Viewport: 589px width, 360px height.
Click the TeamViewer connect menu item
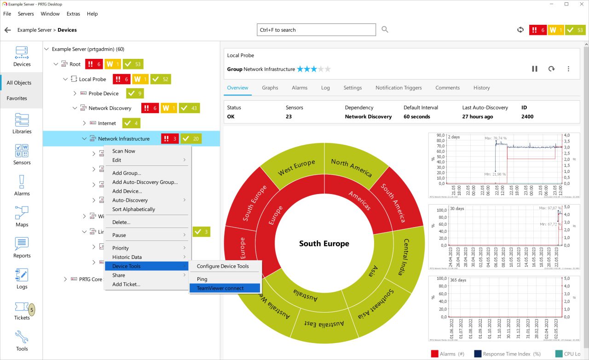(220, 288)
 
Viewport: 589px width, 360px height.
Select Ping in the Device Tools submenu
(202, 279)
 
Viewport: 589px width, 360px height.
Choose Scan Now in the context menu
(124, 151)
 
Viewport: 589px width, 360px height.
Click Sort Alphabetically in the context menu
(133, 209)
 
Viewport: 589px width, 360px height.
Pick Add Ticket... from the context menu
(126, 284)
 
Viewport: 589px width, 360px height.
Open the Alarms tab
(300, 88)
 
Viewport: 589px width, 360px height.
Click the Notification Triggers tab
(398, 88)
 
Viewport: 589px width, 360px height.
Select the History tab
(481, 88)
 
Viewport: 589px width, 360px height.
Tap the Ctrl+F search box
(316, 30)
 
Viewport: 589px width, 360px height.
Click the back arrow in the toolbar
(7, 30)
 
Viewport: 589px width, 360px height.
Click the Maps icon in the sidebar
(22, 216)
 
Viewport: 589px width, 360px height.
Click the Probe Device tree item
(104, 93)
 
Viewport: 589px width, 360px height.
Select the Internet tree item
(107, 123)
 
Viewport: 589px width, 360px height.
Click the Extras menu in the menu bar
(73, 14)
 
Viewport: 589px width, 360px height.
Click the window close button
(579, 4)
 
